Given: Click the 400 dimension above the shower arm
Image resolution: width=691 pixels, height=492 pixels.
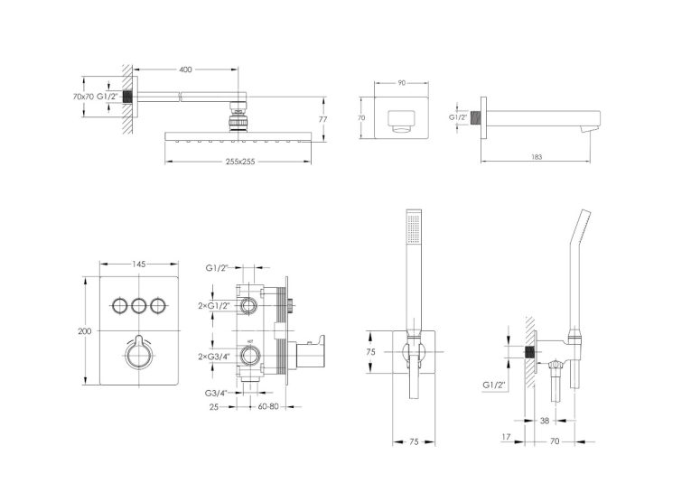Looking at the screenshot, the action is pyautogui.click(x=186, y=70).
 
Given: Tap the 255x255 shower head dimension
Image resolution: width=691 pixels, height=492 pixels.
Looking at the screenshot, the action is pyautogui.click(x=240, y=162).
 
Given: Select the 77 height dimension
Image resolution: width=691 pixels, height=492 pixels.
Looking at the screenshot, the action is pyautogui.click(x=323, y=119).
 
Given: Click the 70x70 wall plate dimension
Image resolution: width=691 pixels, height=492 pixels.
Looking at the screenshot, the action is pyautogui.click(x=83, y=97).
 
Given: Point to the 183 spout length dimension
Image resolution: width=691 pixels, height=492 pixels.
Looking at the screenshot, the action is pyautogui.click(x=537, y=157).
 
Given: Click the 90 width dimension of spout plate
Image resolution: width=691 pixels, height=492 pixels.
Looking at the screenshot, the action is pyautogui.click(x=401, y=82).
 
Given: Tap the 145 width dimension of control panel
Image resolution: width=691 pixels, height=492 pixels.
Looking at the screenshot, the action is pyautogui.click(x=139, y=265).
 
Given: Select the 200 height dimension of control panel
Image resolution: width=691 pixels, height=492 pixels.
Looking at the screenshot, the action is pyautogui.click(x=85, y=331).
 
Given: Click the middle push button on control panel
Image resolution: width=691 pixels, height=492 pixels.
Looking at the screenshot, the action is pyautogui.click(x=139, y=305).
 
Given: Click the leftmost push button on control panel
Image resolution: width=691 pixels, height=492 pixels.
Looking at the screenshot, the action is pyautogui.click(x=119, y=305).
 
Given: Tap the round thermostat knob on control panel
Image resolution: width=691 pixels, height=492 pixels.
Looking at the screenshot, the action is pyautogui.click(x=139, y=355).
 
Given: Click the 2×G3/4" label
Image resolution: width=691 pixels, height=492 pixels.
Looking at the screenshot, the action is pyautogui.click(x=214, y=357).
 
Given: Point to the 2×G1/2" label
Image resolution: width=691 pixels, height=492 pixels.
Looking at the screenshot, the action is pyautogui.click(x=214, y=306).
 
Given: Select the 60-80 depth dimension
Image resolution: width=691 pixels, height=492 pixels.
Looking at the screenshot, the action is pyautogui.click(x=268, y=406).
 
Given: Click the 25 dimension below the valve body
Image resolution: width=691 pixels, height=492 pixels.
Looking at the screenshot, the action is pyautogui.click(x=214, y=407).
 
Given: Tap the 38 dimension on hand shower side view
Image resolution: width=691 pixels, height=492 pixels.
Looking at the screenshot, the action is pyautogui.click(x=545, y=421).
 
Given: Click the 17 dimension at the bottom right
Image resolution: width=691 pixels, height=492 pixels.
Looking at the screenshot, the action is pyautogui.click(x=506, y=437).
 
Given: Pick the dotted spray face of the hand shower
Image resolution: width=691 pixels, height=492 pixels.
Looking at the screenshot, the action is pyautogui.click(x=414, y=228).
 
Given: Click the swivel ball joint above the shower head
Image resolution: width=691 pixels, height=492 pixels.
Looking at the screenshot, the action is pyautogui.click(x=238, y=116).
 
